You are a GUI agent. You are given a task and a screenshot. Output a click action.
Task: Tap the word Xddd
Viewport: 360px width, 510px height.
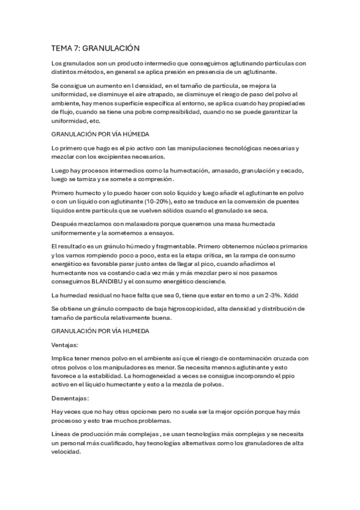point(291,294)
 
